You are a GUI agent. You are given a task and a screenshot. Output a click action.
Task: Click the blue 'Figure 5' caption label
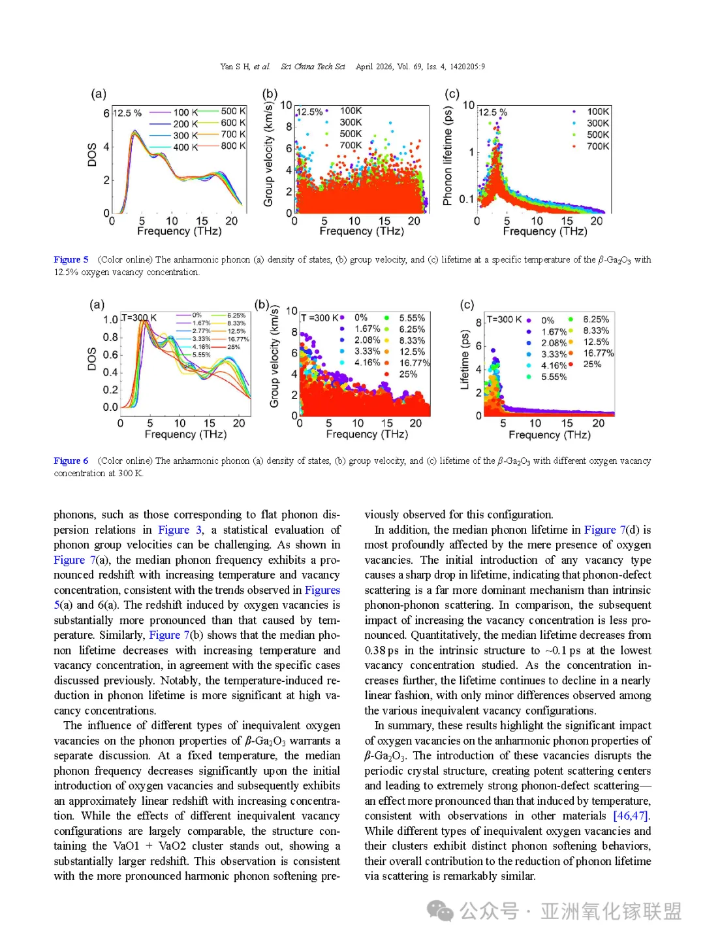pos(70,259)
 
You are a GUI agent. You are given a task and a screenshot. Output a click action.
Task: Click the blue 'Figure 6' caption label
pos(70,461)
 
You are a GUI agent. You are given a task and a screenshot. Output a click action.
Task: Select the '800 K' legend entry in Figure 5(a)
pos(233,146)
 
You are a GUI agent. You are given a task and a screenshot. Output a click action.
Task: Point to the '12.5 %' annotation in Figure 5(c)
pos(492,112)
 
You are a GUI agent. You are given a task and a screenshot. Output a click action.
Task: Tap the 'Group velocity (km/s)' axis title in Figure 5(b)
pos(268,154)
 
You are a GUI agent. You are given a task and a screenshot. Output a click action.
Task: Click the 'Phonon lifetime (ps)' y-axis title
pos(448,156)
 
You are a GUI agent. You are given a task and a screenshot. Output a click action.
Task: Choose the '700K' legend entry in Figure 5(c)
pos(597,146)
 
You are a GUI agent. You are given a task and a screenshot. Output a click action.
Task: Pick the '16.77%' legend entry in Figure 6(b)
pos(414,363)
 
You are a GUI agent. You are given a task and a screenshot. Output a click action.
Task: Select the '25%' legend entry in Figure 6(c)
pos(591,364)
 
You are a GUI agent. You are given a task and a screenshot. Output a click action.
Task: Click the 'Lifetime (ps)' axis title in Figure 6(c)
pos(465,360)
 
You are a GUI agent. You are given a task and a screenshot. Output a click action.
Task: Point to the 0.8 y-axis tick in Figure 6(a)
pos(110,337)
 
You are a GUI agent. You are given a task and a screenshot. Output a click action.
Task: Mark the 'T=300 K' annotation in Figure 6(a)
pos(139,318)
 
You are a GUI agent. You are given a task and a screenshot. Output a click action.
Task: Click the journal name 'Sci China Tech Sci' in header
pos(313,67)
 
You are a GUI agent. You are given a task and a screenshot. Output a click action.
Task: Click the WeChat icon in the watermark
pos(440,911)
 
